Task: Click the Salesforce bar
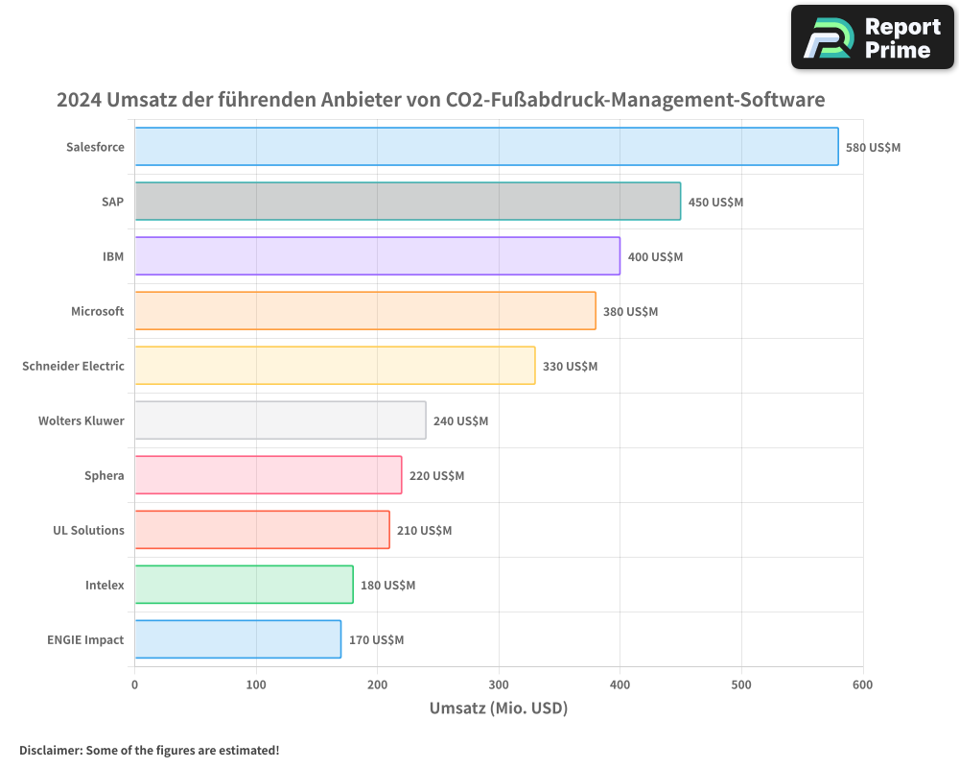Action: (x=486, y=147)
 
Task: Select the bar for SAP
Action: (x=408, y=202)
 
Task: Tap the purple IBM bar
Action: (x=377, y=256)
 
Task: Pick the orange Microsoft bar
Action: (x=364, y=311)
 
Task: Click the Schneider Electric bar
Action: (x=335, y=366)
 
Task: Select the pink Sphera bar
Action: (x=268, y=475)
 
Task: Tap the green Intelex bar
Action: (x=244, y=585)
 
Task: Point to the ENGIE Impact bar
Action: (x=238, y=639)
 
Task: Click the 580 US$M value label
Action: (x=873, y=148)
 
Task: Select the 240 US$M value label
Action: (x=460, y=421)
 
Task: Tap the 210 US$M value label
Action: (x=424, y=531)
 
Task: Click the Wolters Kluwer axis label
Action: (x=81, y=421)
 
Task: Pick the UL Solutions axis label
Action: (x=88, y=531)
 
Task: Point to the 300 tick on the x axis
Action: (x=499, y=684)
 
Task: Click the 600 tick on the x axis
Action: (x=863, y=684)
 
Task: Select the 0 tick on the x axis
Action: (x=134, y=684)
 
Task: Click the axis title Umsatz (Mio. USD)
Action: (x=499, y=708)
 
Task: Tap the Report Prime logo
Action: (x=873, y=37)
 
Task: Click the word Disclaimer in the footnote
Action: (x=50, y=751)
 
